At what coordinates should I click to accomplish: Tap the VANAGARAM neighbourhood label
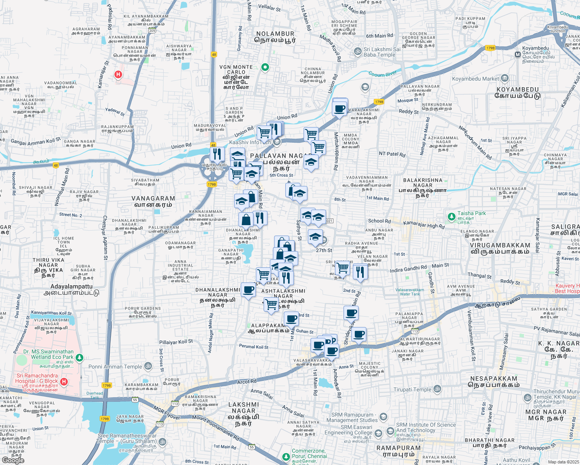[x=153, y=198]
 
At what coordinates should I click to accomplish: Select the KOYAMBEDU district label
[x=518, y=90]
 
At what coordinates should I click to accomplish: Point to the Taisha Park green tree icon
[x=451, y=217]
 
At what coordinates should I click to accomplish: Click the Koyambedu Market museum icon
[x=504, y=79]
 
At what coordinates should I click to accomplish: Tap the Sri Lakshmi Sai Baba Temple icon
[x=357, y=51]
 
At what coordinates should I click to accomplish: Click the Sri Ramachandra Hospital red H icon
[x=64, y=382]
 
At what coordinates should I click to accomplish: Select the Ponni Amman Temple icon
[x=148, y=366]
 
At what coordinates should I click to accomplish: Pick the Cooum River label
[x=383, y=74]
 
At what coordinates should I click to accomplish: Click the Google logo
[x=13, y=460]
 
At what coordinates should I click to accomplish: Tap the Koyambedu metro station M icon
[x=518, y=55]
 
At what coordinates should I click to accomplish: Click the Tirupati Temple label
[x=412, y=389]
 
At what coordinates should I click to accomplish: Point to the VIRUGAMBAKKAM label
[x=500, y=245]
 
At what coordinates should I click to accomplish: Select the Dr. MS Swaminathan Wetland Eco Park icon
[x=79, y=357]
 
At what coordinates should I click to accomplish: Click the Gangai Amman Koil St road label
[x=36, y=141]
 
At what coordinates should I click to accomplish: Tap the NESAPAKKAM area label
[x=494, y=379]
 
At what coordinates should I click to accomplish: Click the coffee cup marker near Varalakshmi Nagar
[x=340, y=109]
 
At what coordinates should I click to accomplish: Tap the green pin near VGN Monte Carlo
[x=265, y=67]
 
